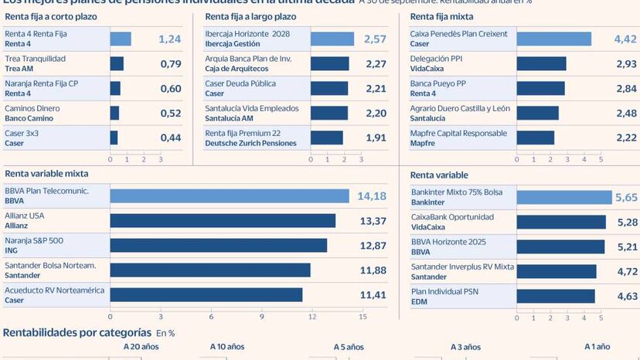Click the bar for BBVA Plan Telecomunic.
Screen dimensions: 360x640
click(230, 196)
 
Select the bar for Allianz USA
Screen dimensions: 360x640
click(223, 221)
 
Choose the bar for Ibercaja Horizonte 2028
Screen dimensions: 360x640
click(332, 39)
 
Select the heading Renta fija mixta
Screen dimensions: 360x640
click(442, 16)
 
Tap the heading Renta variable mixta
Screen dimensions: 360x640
click(46, 174)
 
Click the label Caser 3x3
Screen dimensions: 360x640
click(22, 133)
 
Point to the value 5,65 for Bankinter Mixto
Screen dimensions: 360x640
click(625, 198)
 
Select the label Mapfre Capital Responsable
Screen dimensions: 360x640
click(458, 133)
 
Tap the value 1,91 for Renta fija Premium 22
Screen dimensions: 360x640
click(376, 138)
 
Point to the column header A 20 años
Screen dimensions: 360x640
click(141, 348)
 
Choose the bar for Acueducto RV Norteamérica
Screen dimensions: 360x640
click(206, 295)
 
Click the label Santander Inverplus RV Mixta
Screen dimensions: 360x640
click(461, 267)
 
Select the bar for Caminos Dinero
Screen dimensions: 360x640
click(114, 113)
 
